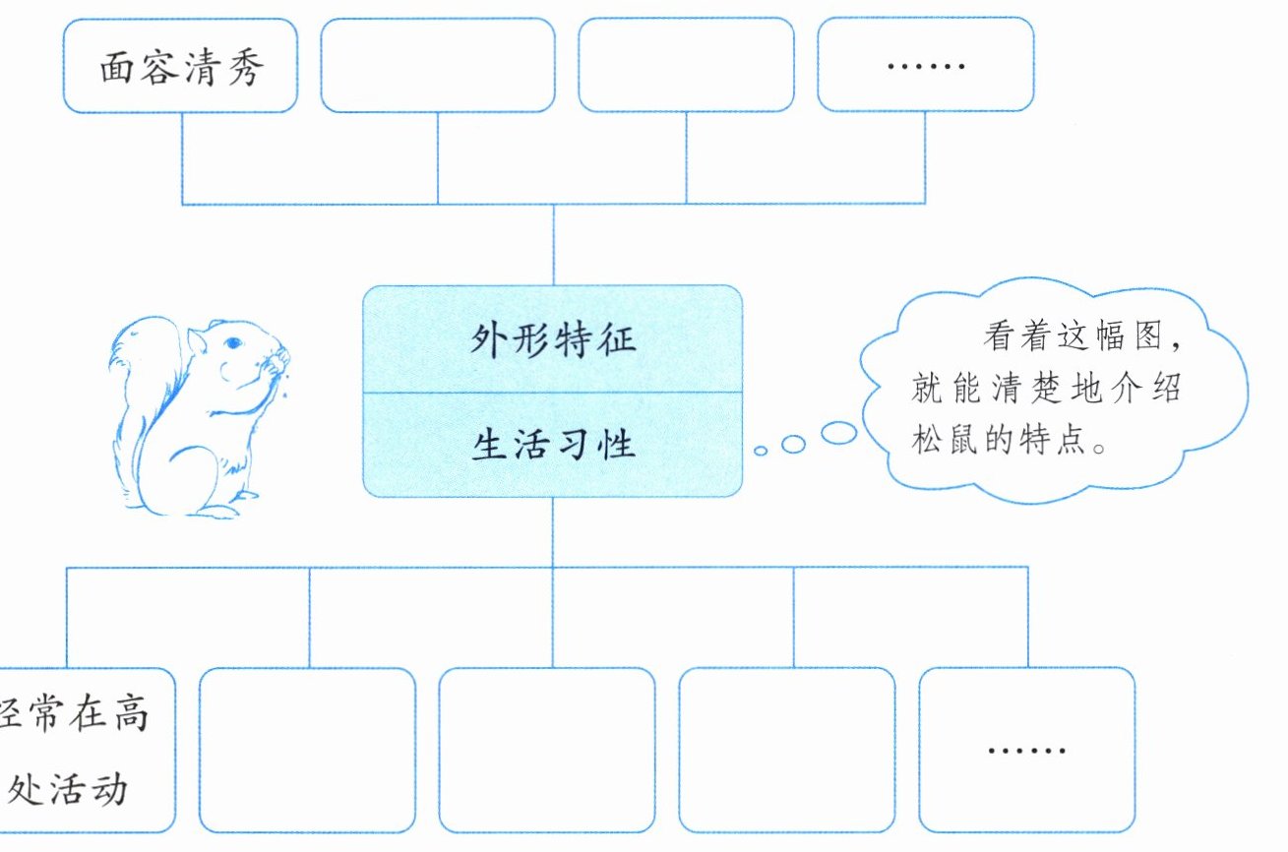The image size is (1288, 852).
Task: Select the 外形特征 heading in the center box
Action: pyautogui.click(x=552, y=340)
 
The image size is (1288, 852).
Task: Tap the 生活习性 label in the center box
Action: pyautogui.click(x=552, y=445)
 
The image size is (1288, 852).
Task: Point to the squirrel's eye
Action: pyautogui.click(x=232, y=343)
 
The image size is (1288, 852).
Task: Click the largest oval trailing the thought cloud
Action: pyautogui.click(x=838, y=433)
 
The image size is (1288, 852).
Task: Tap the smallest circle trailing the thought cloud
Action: pyautogui.click(x=761, y=451)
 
